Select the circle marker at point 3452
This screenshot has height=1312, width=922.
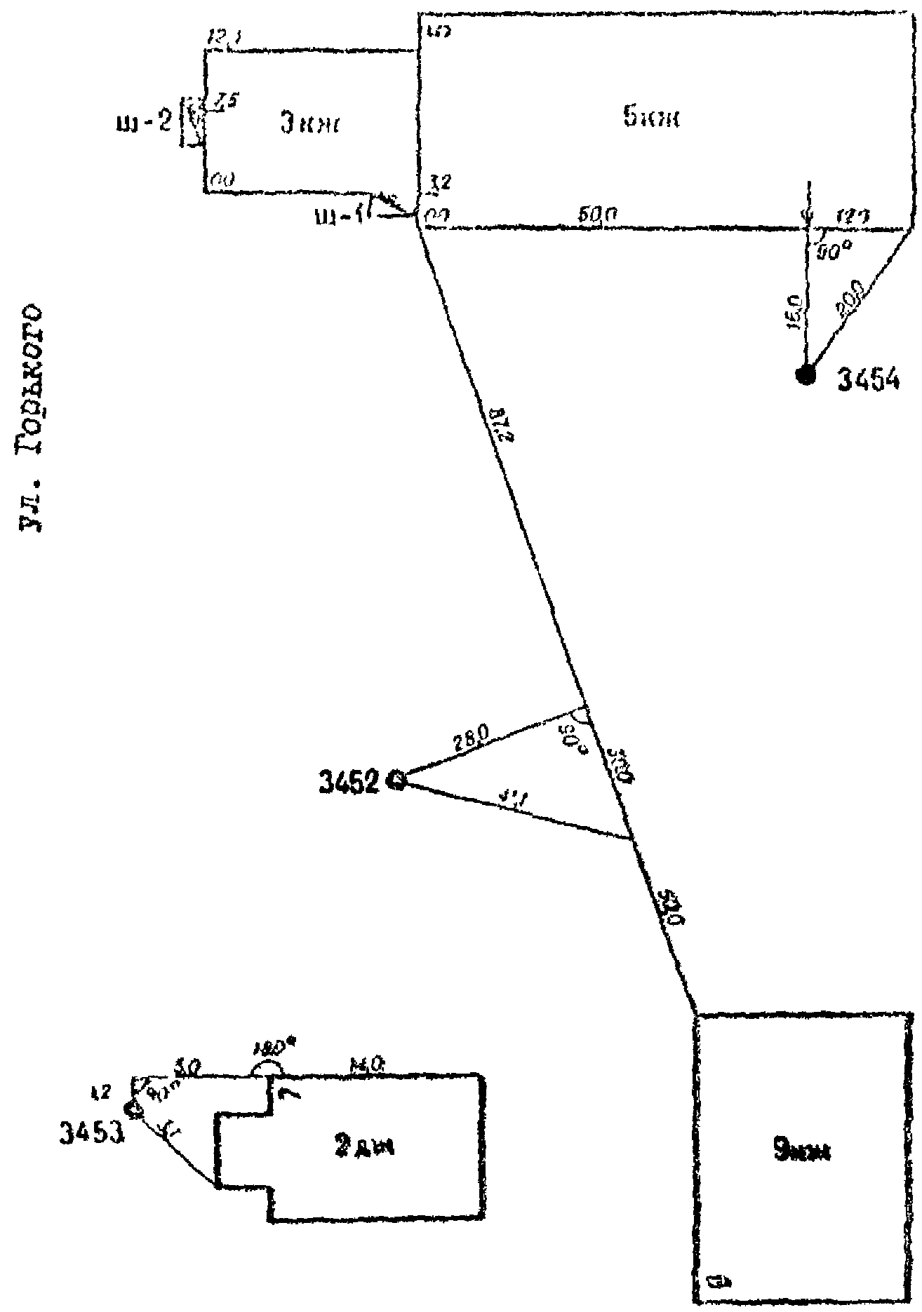[x=399, y=780]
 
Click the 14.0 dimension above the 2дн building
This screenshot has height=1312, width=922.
[x=365, y=1064]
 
